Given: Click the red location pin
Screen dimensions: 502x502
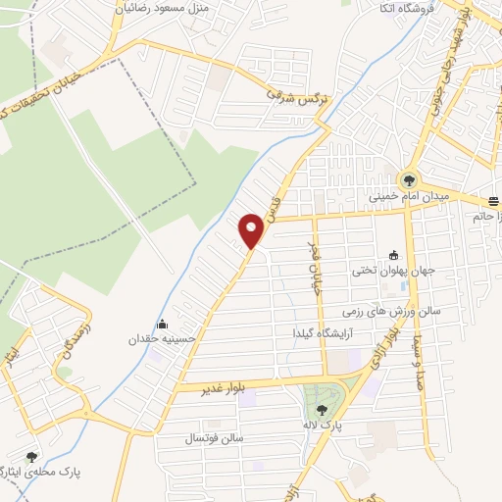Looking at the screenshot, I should [252, 230].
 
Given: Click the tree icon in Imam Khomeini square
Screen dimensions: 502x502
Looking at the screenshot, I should [408, 179].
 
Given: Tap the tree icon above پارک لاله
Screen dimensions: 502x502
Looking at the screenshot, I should [323, 410].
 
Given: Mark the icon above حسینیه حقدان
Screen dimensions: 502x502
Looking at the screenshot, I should [162, 325].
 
